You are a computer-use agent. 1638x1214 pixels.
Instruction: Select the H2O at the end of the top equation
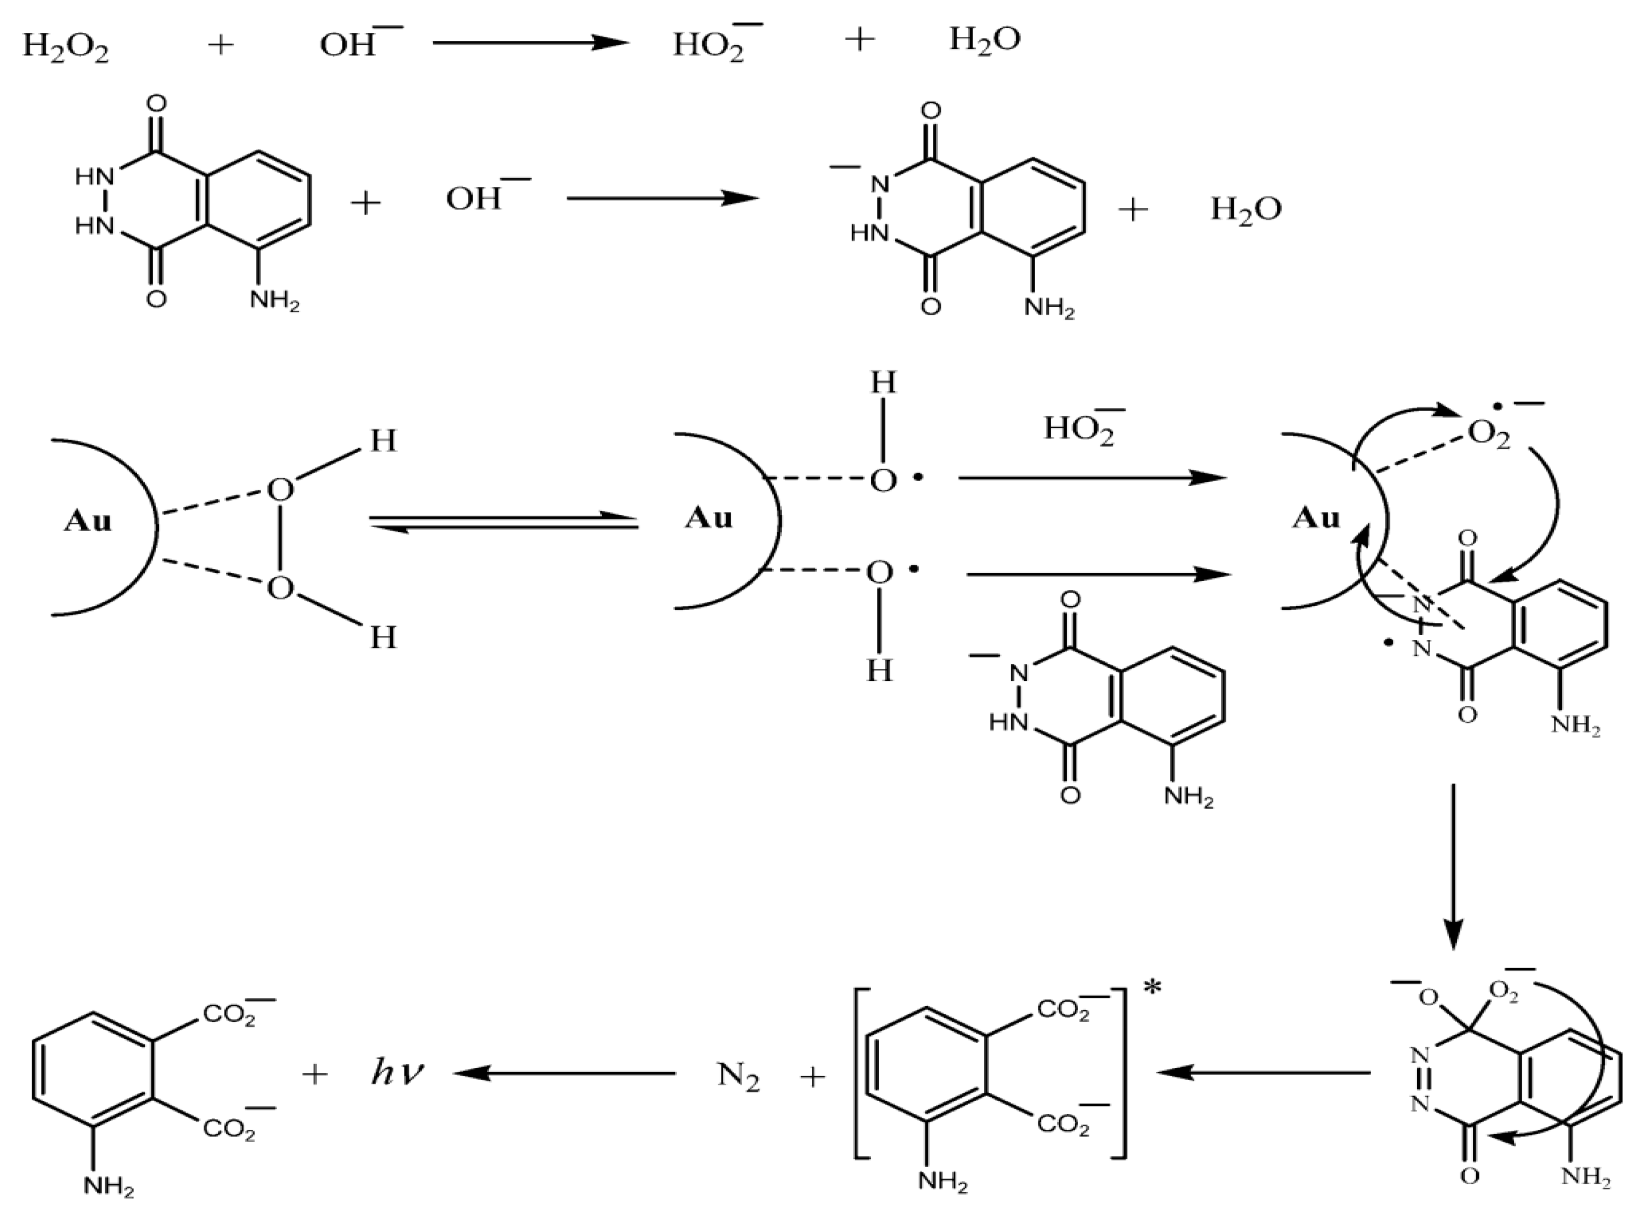[984, 40]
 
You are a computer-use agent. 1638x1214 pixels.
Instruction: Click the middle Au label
[709, 518]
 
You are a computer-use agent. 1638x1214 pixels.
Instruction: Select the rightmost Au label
[1316, 518]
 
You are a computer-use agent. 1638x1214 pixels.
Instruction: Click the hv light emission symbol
[397, 1074]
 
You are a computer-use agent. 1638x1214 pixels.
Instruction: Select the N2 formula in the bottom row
[738, 1077]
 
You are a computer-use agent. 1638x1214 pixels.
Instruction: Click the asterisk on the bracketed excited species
[1151, 989]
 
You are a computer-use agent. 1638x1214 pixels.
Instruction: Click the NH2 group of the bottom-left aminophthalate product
[109, 1186]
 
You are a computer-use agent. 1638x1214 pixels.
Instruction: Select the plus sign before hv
[315, 1074]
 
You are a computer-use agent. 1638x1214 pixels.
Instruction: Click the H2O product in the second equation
[1246, 210]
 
